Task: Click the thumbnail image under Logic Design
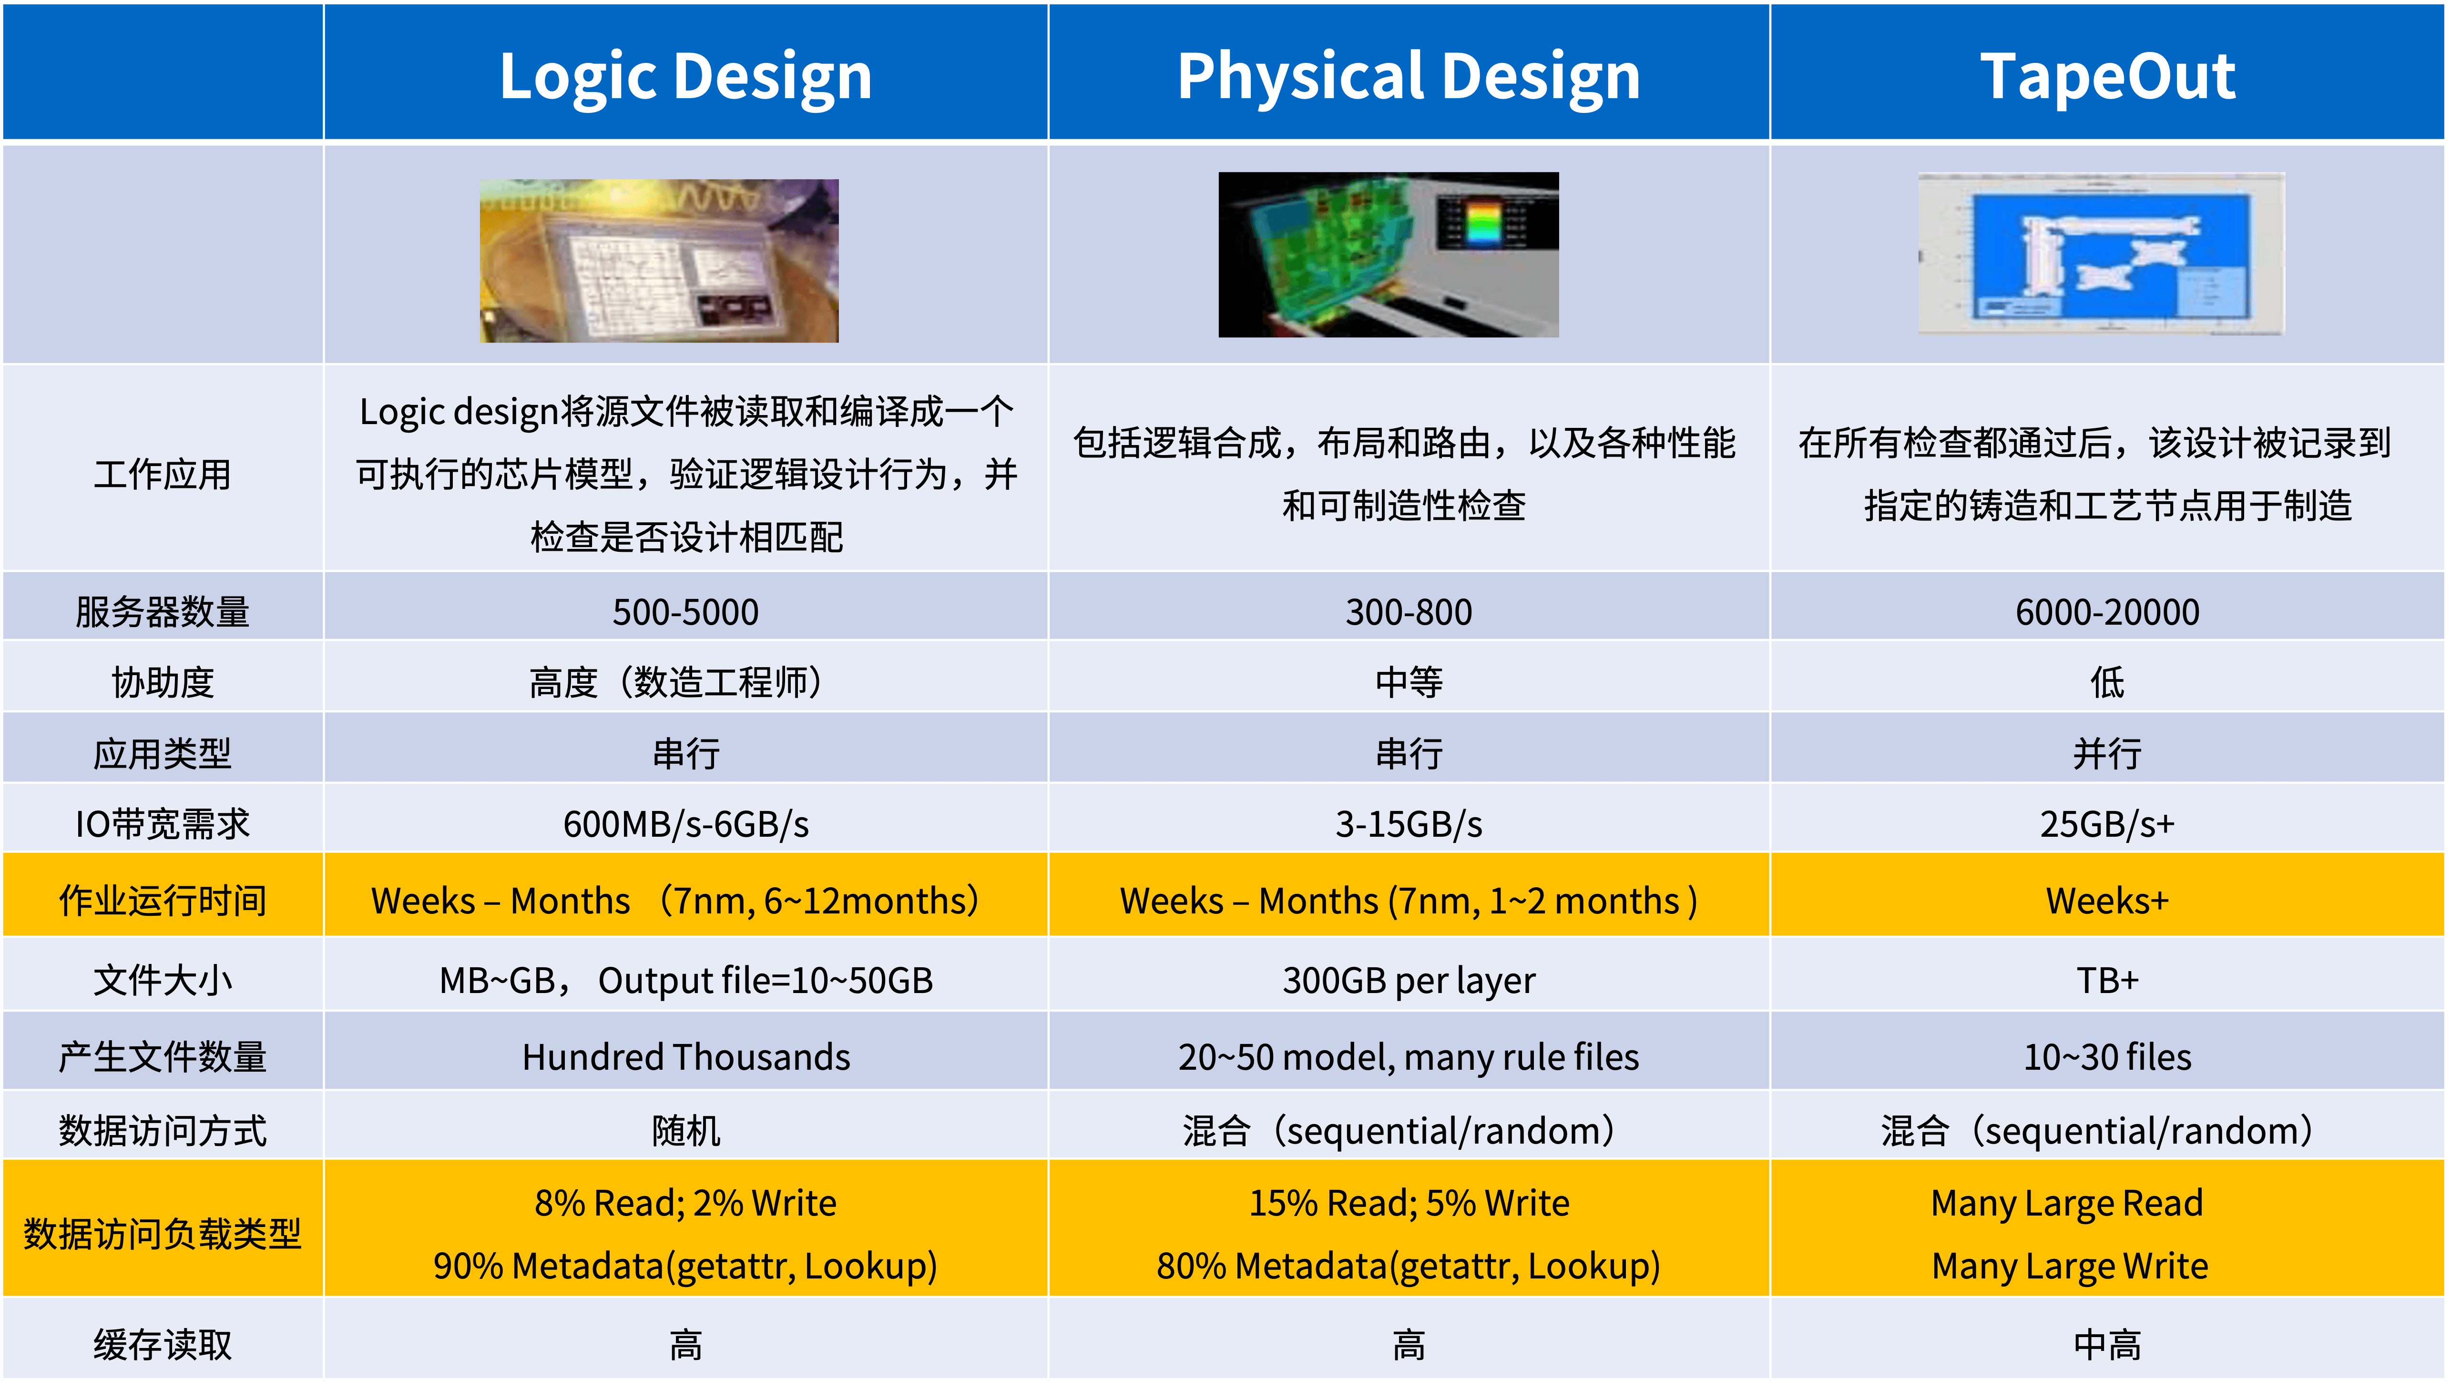point(659,261)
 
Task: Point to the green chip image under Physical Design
point(1388,255)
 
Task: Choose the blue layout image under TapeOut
point(2101,254)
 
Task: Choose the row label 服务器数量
point(162,611)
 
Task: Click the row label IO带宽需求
point(162,823)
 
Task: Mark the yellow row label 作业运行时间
point(162,901)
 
